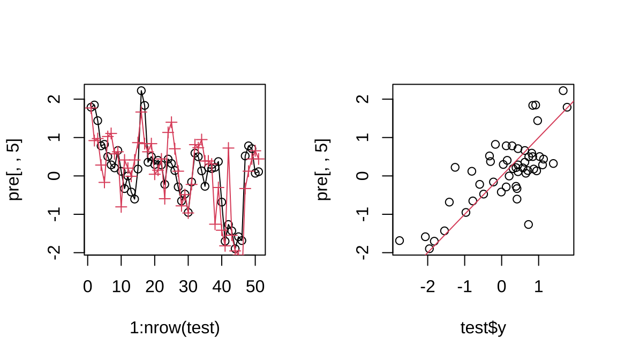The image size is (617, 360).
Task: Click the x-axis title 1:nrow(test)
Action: pos(175,328)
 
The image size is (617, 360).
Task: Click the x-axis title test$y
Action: pos(483,328)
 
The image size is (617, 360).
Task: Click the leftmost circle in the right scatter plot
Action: pos(399,241)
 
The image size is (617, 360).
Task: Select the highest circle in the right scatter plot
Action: pos(563,91)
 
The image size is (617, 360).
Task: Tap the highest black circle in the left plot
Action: pos(141,91)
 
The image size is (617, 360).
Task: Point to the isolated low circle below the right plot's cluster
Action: pos(528,224)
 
